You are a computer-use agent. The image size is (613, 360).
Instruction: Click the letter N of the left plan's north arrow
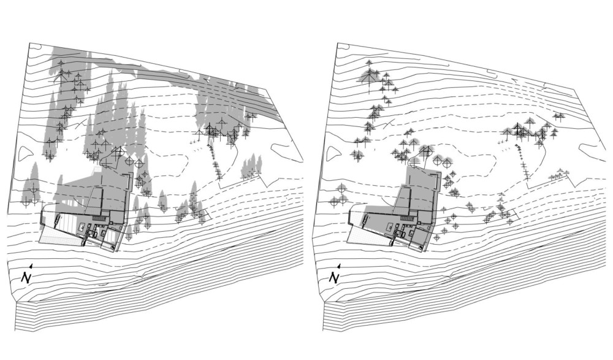tap(26, 277)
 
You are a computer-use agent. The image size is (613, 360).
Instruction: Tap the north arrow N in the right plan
tap(334, 277)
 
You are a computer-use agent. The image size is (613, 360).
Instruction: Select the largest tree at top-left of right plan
tap(369, 76)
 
